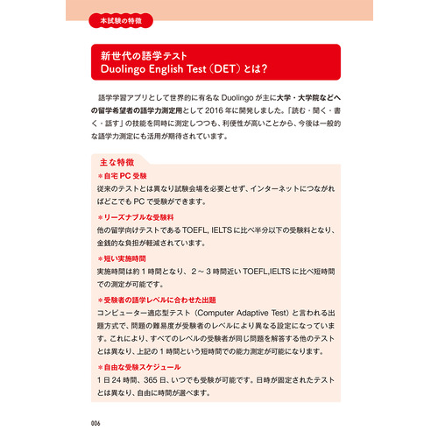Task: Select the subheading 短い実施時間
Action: click(x=128, y=258)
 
